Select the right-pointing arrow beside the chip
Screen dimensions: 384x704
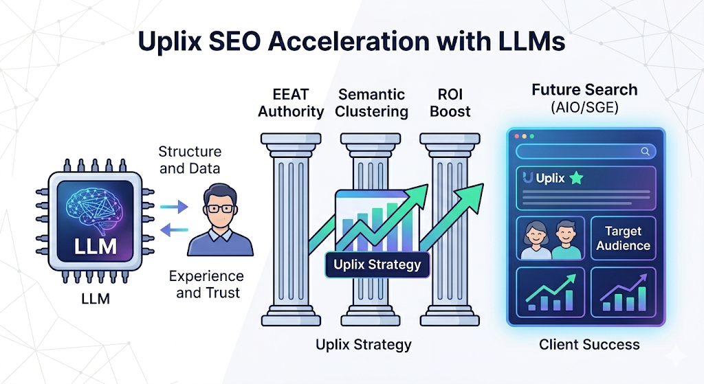177,205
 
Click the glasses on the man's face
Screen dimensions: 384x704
220,207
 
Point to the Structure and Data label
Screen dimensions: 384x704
190,159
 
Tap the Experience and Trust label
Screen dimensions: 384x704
206,284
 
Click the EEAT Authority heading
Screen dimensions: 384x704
291,102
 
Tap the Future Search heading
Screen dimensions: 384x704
584,90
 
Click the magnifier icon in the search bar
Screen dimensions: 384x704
645,151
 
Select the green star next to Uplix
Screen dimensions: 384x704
575,179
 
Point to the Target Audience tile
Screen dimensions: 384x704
623,238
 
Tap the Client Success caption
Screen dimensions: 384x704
589,344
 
